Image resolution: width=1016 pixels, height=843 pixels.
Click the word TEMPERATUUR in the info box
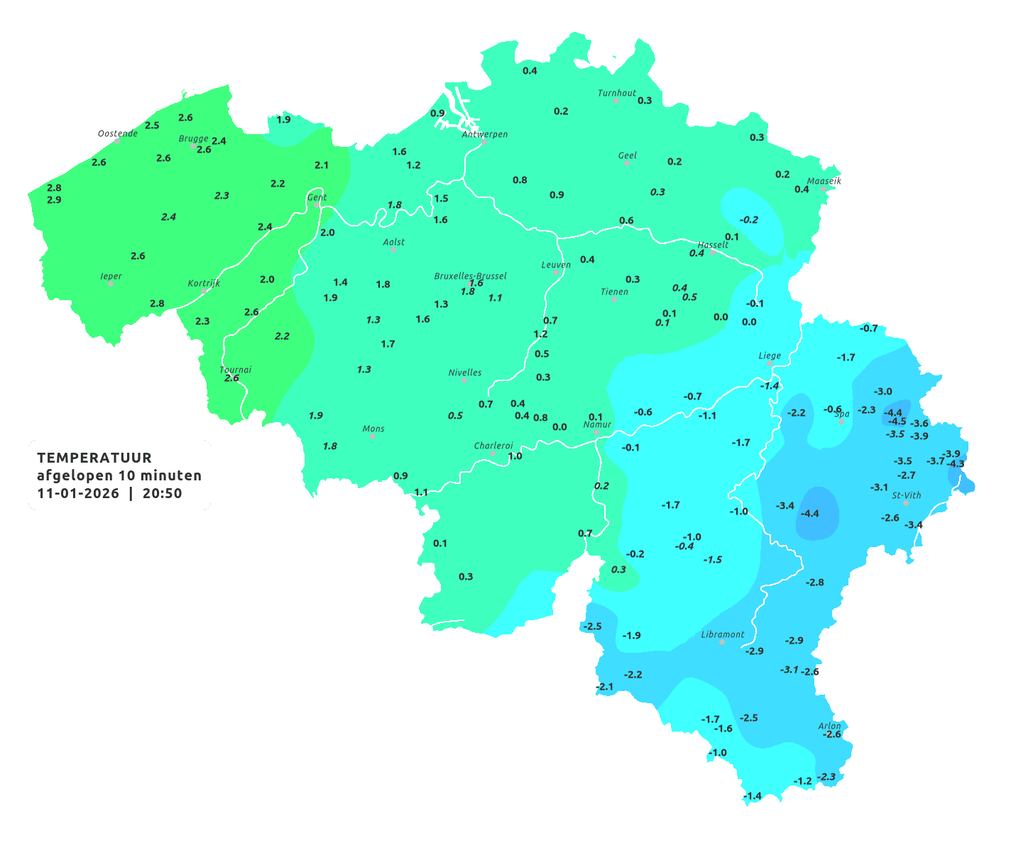point(94,458)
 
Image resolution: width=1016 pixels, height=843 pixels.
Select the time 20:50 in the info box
point(163,493)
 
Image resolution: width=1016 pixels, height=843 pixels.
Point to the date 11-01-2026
point(78,493)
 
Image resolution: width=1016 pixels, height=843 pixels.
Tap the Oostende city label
point(117,133)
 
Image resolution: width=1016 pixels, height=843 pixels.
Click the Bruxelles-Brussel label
point(470,275)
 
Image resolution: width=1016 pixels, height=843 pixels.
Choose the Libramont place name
point(723,634)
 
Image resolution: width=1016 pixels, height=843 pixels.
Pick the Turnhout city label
point(616,93)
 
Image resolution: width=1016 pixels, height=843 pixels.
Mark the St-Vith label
point(906,495)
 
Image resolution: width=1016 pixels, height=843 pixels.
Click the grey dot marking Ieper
point(111,283)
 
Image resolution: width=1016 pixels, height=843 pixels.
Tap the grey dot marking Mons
point(372,436)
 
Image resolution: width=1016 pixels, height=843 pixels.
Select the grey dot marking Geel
point(627,163)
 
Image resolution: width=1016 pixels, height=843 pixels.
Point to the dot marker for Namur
point(596,432)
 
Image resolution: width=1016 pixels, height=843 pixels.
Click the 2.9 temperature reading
point(54,200)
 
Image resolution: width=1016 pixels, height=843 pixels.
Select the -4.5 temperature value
point(897,421)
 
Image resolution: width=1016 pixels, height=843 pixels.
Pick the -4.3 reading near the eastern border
point(956,464)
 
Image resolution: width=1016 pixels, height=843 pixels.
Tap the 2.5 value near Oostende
point(152,126)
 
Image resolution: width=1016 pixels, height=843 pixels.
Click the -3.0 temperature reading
point(883,392)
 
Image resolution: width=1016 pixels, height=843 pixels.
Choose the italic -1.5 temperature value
point(712,560)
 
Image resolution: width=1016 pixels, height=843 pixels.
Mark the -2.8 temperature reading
point(814,583)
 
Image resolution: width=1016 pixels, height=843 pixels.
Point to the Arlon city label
point(829,726)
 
